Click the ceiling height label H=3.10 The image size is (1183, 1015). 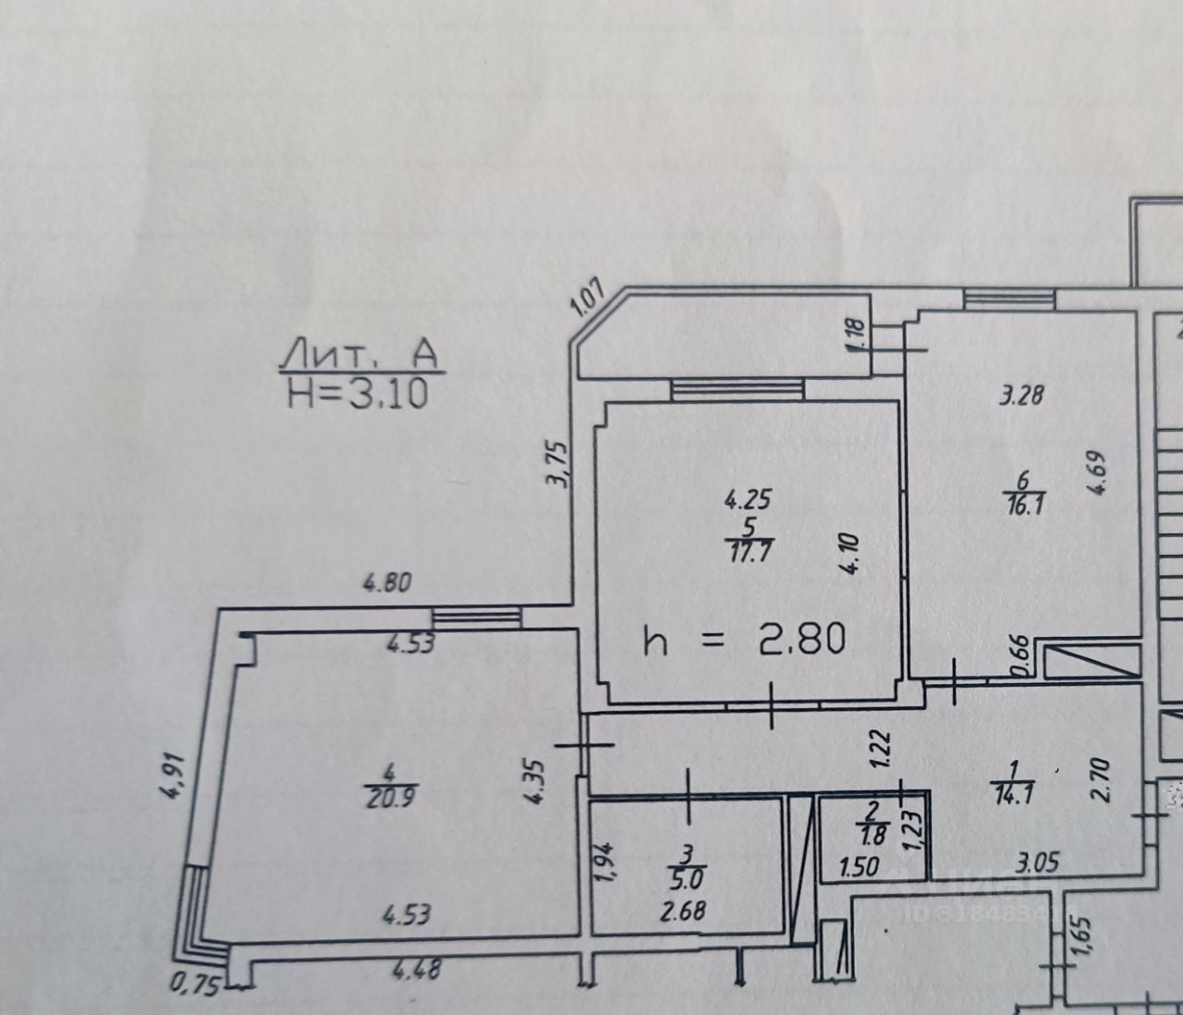[x=358, y=394]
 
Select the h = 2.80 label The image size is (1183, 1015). [x=744, y=640]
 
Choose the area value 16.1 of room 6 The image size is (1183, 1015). [x=1023, y=507]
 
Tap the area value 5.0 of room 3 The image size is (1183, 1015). [x=685, y=874]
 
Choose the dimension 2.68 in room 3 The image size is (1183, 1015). [x=683, y=911]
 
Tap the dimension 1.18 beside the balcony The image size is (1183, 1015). [x=854, y=335]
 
